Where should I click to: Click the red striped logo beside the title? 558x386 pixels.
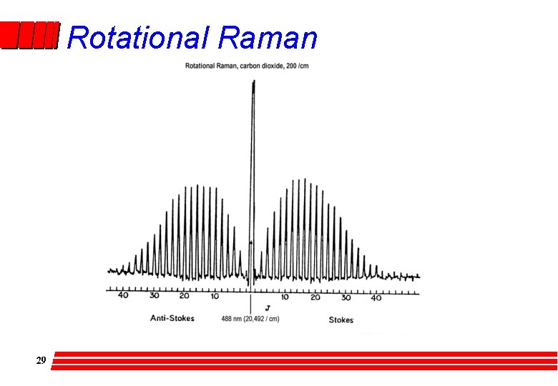[29, 35]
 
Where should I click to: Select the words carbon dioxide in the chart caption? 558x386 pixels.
[263, 66]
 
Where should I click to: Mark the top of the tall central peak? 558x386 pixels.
[253, 82]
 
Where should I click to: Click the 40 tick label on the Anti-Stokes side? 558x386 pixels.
[123, 296]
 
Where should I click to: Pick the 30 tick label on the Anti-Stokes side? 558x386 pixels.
[154, 296]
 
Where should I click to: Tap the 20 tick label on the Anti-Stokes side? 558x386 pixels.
[184, 296]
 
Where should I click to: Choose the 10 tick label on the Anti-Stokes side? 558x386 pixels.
[215, 296]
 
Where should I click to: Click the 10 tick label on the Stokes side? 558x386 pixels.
[285, 297]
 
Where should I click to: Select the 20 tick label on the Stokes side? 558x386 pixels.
[315, 297]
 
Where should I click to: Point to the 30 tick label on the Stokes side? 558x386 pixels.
[346, 297]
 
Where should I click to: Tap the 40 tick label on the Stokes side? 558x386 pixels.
[376, 297]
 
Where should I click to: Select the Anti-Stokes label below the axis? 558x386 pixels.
[172, 318]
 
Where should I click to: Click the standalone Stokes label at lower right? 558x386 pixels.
[341, 320]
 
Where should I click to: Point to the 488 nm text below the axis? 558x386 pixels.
[232, 319]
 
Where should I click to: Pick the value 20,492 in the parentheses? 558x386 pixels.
[257, 319]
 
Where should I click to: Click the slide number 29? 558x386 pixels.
[41, 360]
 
